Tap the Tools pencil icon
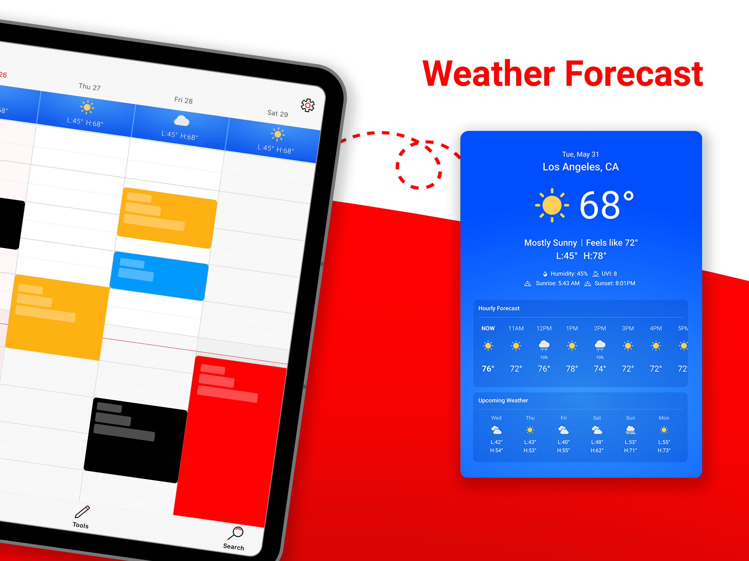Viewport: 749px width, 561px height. coord(82,512)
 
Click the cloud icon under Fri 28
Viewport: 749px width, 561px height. coord(181,121)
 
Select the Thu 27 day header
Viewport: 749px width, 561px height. coord(90,87)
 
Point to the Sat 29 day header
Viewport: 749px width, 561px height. coord(278,113)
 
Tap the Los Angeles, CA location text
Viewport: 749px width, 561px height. coord(580,167)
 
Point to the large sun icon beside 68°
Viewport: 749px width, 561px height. coord(552,205)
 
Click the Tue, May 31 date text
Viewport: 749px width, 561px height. coord(580,154)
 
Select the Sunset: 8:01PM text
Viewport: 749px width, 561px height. coord(615,283)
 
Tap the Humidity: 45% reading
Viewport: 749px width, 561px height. coord(569,273)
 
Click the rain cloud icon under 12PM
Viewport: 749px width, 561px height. coord(544,345)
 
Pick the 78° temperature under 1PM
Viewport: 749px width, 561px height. coord(572,368)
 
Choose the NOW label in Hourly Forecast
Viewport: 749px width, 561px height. coord(488,328)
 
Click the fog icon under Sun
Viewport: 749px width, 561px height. coord(630,430)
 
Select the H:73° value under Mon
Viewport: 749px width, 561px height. coord(664,450)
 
